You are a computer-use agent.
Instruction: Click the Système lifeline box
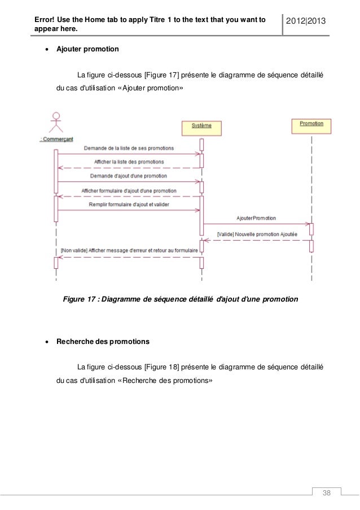coord(201,127)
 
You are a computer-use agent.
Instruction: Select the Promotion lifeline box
coord(311,125)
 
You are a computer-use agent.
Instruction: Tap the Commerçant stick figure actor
coord(55,122)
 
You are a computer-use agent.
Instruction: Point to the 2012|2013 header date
coord(306,21)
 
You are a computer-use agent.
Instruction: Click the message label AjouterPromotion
coord(257,217)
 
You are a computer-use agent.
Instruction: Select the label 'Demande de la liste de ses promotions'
coord(129,148)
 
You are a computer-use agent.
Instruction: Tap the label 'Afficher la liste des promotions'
coord(129,162)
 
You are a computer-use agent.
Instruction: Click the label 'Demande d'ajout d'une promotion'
coord(129,176)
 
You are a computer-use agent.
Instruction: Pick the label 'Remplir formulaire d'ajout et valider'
coord(129,204)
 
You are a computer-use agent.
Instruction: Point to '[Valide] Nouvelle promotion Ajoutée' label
coord(257,233)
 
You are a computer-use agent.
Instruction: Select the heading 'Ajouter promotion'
coord(87,49)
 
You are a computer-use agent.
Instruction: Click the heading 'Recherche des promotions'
coord(103,342)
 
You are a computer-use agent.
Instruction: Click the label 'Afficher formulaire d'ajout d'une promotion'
coord(129,190)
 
